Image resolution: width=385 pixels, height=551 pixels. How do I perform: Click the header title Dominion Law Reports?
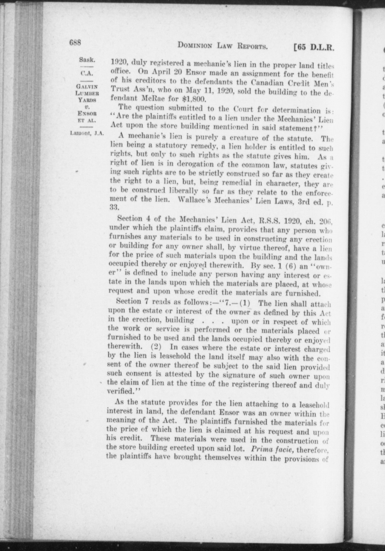click(x=223, y=46)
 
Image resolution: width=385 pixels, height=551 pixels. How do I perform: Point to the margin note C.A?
click(x=87, y=73)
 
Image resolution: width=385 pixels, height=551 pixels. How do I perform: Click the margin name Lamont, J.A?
click(x=87, y=133)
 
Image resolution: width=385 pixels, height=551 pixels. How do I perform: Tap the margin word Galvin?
click(x=87, y=86)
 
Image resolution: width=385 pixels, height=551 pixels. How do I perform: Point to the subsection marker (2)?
click(x=156, y=346)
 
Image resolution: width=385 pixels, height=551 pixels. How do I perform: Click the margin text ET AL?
click(x=87, y=121)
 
